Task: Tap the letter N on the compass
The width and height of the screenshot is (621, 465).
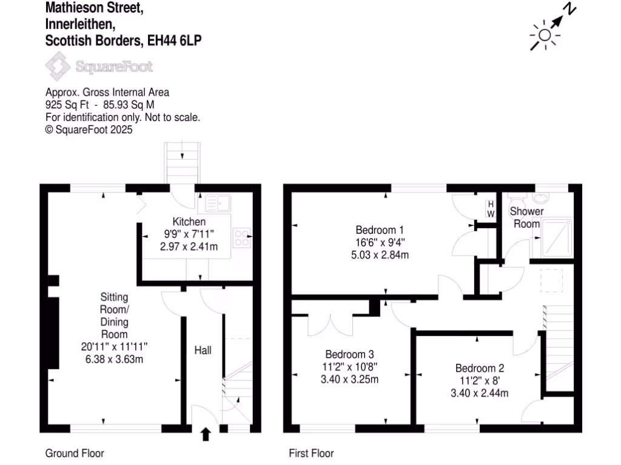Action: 570,9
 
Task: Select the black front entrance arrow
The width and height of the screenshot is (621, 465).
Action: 206,434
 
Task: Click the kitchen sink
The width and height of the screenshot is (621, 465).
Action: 216,200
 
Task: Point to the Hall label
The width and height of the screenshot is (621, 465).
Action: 203,351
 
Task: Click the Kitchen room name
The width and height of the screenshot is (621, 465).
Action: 189,222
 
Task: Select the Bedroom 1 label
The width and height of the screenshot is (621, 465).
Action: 380,230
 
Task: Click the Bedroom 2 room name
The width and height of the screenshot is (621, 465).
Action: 480,368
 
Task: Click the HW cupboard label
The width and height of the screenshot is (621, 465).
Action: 491,209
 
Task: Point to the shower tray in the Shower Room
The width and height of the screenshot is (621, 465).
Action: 556,239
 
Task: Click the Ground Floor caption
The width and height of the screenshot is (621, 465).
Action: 75,453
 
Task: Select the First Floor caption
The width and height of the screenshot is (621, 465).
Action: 311,453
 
